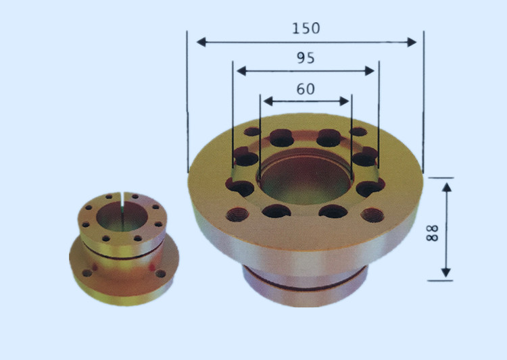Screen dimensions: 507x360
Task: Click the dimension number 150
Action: [306, 28]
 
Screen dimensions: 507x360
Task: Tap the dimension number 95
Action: [306, 58]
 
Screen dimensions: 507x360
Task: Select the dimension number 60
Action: [306, 89]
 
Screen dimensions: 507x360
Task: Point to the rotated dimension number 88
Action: [432, 232]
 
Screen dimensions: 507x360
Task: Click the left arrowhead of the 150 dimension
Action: [201, 42]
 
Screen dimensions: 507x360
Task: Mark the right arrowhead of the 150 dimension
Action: [412, 42]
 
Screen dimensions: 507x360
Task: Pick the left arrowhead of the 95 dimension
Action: [241, 71]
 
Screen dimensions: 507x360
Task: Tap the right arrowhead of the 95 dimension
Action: [370, 71]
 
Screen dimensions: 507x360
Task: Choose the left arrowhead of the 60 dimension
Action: [268, 101]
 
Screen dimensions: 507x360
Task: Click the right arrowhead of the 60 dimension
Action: [344, 101]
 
